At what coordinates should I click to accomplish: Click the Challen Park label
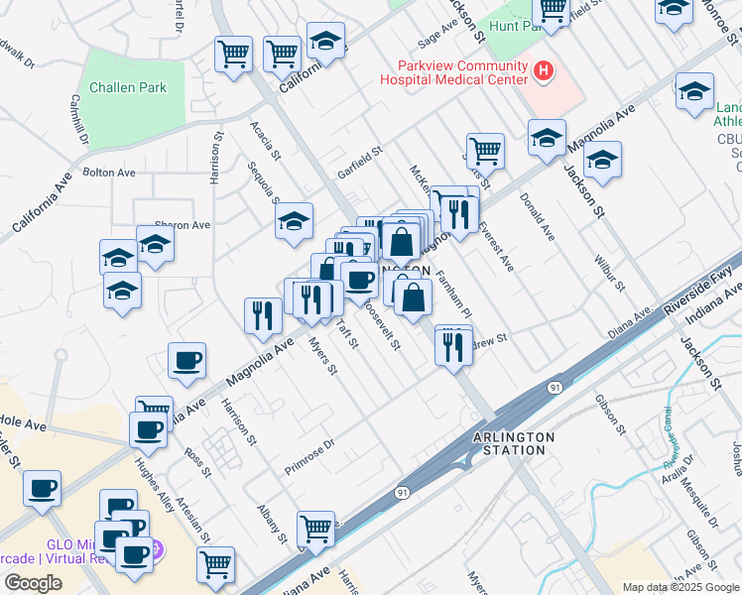128,87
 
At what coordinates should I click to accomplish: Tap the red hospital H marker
543,70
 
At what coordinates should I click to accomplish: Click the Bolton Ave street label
109,173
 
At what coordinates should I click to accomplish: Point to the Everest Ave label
495,247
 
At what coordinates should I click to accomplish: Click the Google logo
33,583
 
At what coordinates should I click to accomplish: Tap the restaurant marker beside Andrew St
453,347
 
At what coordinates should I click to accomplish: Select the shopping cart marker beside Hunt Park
551,10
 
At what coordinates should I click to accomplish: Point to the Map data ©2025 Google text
680,587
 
